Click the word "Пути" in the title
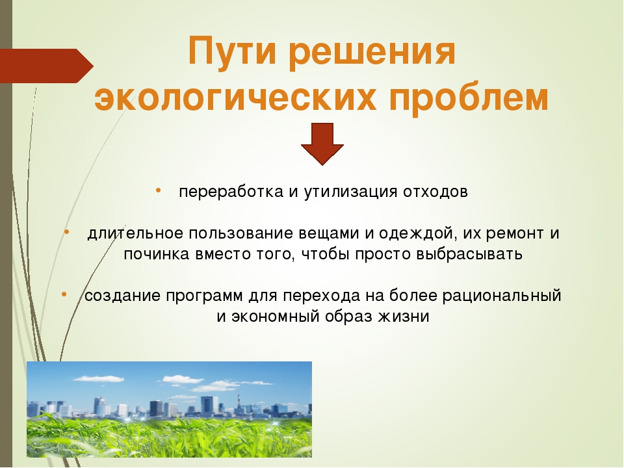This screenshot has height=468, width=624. tap(231, 51)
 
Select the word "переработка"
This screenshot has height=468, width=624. tap(231, 192)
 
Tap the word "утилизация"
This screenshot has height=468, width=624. tap(350, 192)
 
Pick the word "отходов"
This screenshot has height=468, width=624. tap(435, 192)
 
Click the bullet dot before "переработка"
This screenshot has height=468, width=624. tap(159, 190)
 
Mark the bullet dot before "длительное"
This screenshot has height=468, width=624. tap(66, 231)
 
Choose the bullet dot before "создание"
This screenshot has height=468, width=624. tap(64, 294)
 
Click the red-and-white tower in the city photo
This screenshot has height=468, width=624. tap(239, 403)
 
